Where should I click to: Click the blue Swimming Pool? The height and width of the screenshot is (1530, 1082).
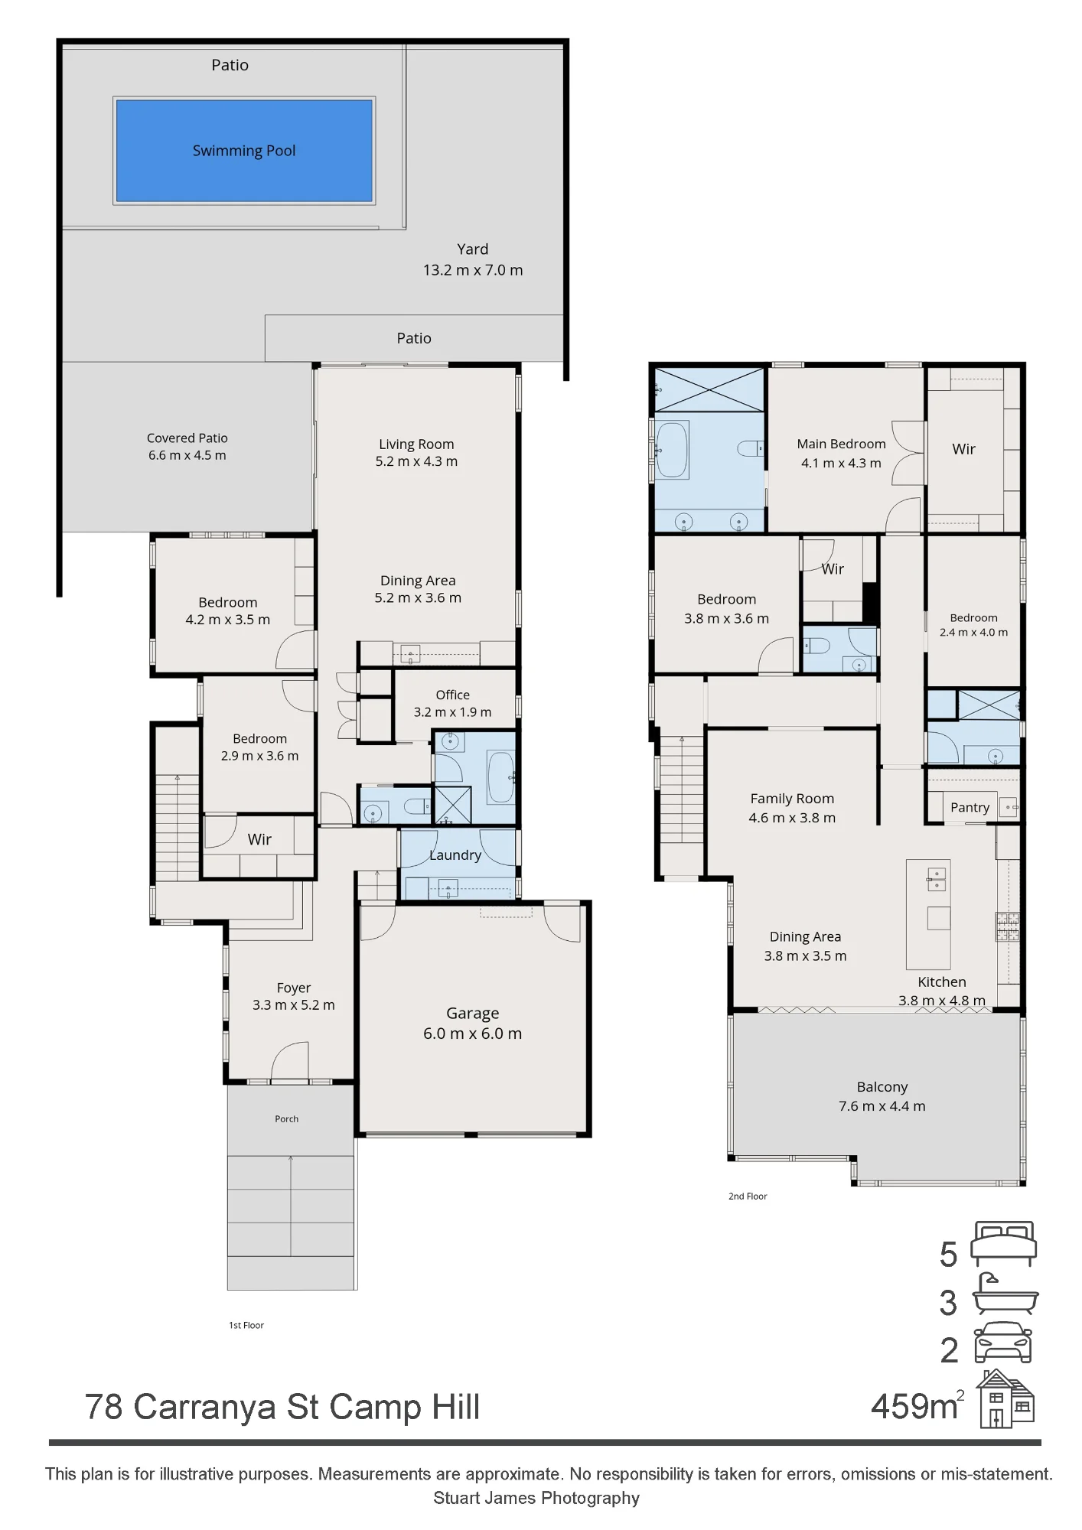pyautogui.click(x=244, y=151)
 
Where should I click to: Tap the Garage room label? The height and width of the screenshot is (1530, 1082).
pyautogui.click(x=472, y=1013)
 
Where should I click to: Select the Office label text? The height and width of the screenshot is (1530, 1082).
pyautogui.click(x=452, y=695)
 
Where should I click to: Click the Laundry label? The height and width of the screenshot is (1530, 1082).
pyautogui.click(x=455, y=855)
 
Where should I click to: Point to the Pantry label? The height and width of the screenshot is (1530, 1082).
pyautogui.click(x=970, y=807)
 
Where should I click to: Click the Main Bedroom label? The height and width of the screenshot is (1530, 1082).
pyautogui.click(x=841, y=444)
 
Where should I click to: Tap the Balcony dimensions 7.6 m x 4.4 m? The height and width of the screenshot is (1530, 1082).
pyautogui.click(x=882, y=1106)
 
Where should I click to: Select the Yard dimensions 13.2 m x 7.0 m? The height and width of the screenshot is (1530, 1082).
pyautogui.click(x=473, y=270)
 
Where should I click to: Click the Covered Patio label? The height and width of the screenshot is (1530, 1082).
pyautogui.click(x=187, y=438)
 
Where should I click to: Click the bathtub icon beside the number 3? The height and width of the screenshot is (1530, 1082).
pyautogui.click(x=1005, y=1294)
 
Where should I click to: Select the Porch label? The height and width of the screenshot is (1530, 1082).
pyautogui.click(x=287, y=1118)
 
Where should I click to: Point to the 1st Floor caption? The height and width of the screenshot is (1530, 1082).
pyautogui.click(x=246, y=1325)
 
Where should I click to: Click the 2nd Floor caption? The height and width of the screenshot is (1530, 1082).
pyautogui.click(x=748, y=1196)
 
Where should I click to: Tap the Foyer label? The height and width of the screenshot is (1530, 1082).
pyautogui.click(x=294, y=988)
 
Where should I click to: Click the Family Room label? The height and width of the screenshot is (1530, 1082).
pyautogui.click(x=792, y=799)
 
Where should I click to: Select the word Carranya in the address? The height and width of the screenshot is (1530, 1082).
pyautogui.click(x=205, y=1408)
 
